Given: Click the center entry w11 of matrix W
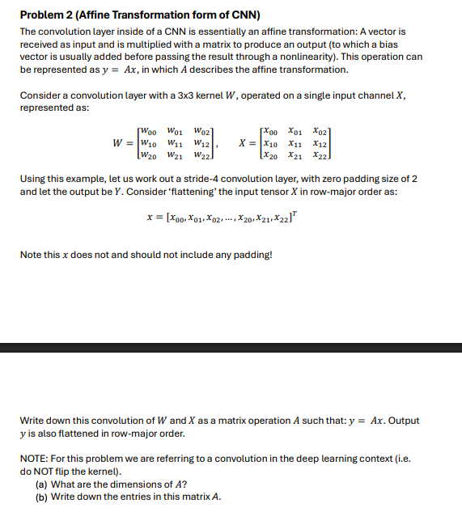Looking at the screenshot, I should [x=173, y=143].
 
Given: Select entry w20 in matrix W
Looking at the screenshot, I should [x=148, y=155].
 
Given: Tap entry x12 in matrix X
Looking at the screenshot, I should [x=320, y=143].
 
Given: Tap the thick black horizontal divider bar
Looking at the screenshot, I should [x=231, y=348].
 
